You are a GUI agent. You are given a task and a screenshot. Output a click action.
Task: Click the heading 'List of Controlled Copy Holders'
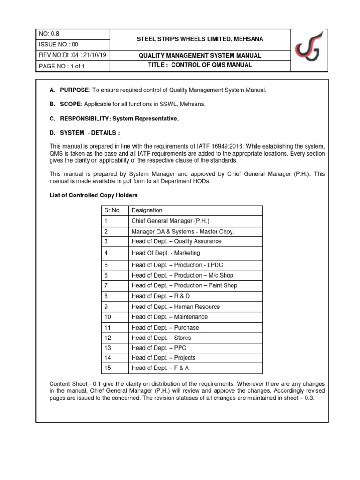click(x=94, y=195)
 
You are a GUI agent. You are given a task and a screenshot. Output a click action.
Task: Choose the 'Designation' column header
click(x=147, y=210)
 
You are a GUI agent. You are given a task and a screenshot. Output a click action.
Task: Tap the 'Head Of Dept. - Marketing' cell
click(x=165, y=253)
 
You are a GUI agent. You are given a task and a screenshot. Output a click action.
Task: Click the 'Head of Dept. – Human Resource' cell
click(x=175, y=307)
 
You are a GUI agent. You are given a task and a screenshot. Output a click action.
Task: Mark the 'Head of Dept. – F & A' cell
click(x=161, y=368)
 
